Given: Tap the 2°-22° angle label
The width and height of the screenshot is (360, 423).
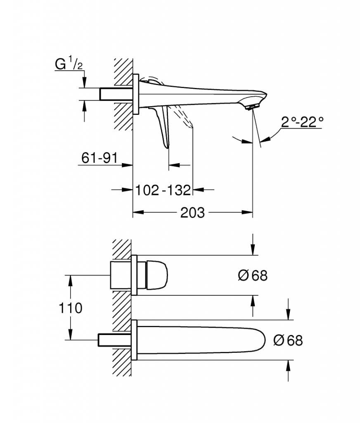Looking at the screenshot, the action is [x=302, y=122].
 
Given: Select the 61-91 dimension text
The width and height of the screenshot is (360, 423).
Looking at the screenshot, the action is [x=99, y=158].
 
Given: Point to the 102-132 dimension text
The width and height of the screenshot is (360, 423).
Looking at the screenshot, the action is [x=163, y=190].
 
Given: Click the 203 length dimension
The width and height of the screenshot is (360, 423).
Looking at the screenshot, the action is [x=192, y=213].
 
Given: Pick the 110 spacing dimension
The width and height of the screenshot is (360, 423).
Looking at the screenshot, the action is [x=70, y=308].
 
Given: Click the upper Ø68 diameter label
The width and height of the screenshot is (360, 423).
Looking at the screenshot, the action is [x=253, y=276].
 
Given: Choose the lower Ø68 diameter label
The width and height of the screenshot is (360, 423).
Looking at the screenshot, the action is [x=288, y=340].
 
